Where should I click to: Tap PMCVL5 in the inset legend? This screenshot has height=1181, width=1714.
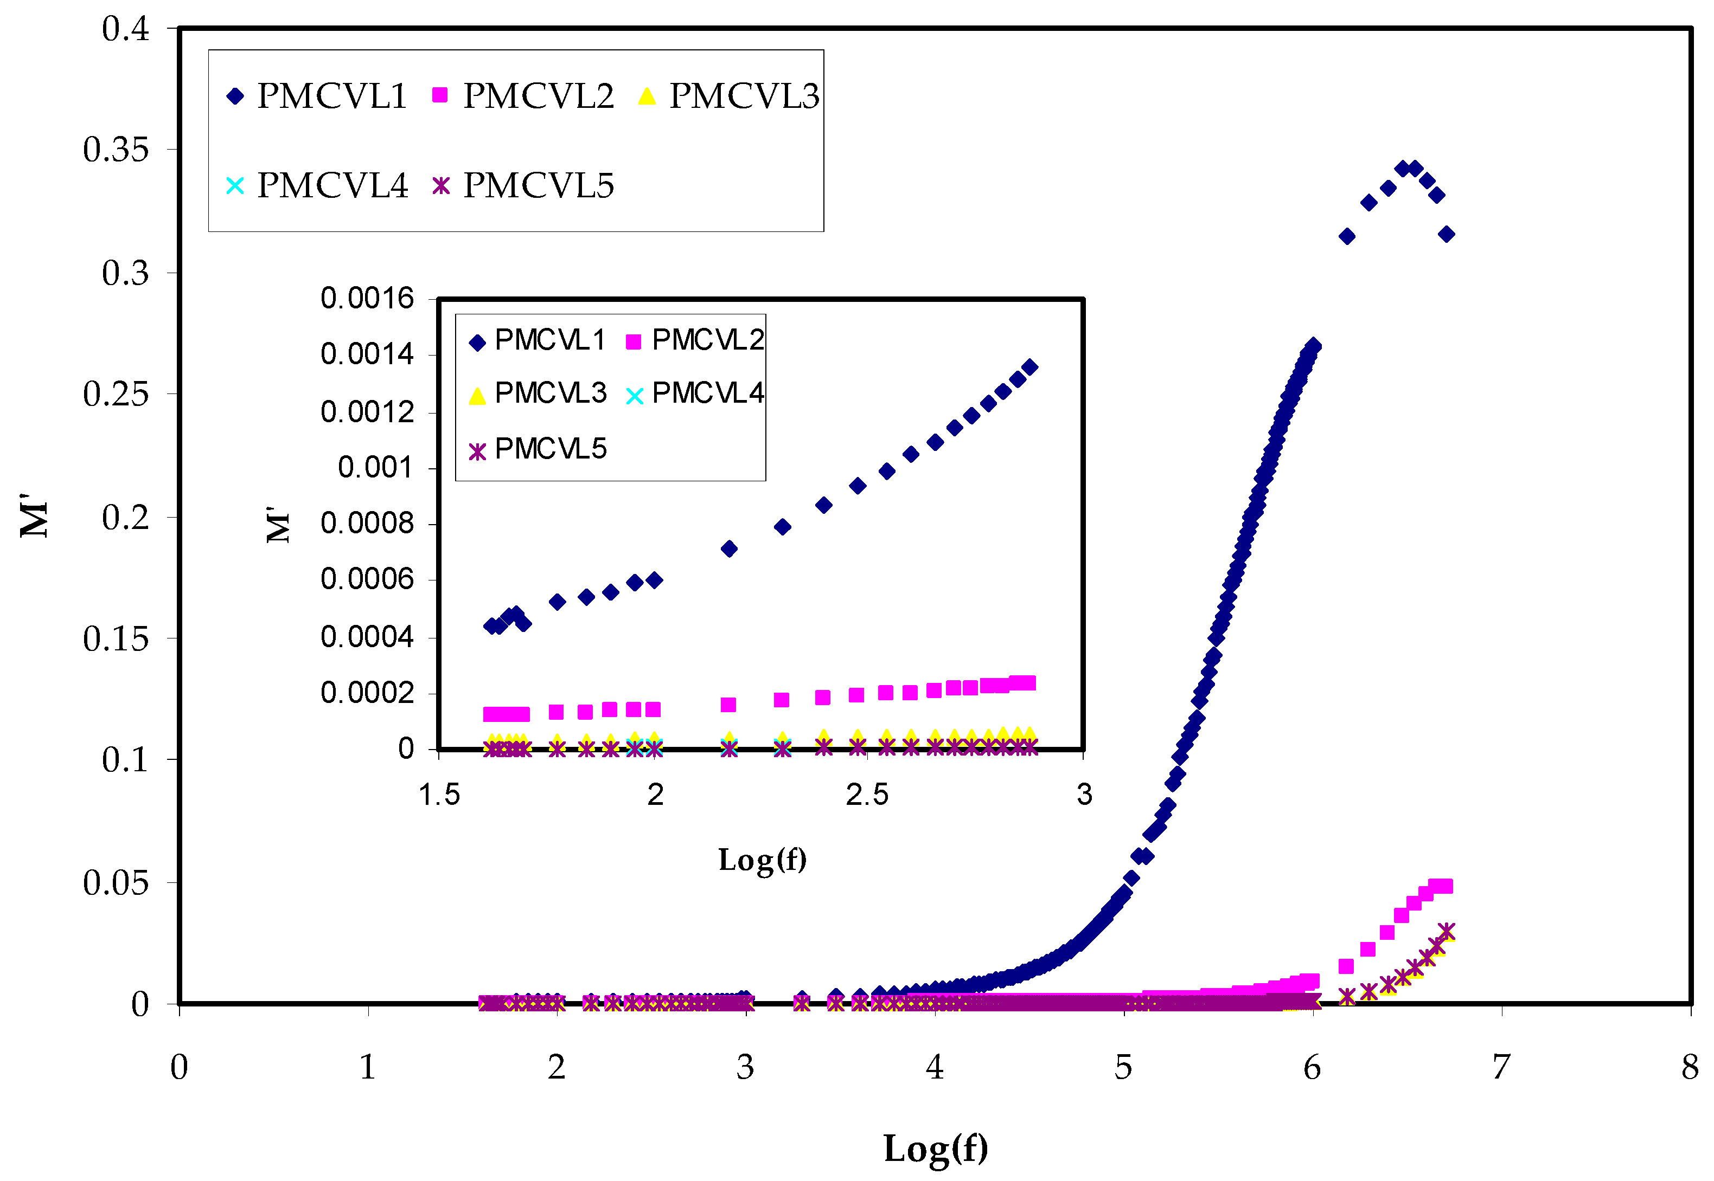click(x=549, y=448)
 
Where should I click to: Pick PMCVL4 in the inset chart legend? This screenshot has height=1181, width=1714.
click(x=707, y=393)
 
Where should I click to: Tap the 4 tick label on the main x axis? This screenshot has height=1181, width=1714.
click(x=935, y=1066)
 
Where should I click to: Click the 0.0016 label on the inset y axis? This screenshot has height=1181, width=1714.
click(x=367, y=298)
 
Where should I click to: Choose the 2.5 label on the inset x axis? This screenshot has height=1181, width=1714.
click(x=866, y=795)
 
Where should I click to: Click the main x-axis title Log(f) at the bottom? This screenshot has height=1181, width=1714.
click(x=935, y=1148)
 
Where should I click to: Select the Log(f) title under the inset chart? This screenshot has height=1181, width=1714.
click(x=762, y=860)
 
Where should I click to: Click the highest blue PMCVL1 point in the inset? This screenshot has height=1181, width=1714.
click(x=1029, y=367)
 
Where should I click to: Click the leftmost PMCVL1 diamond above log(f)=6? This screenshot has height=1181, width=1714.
click(x=1347, y=237)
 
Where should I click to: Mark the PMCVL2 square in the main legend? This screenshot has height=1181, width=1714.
click(x=440, y=95)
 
